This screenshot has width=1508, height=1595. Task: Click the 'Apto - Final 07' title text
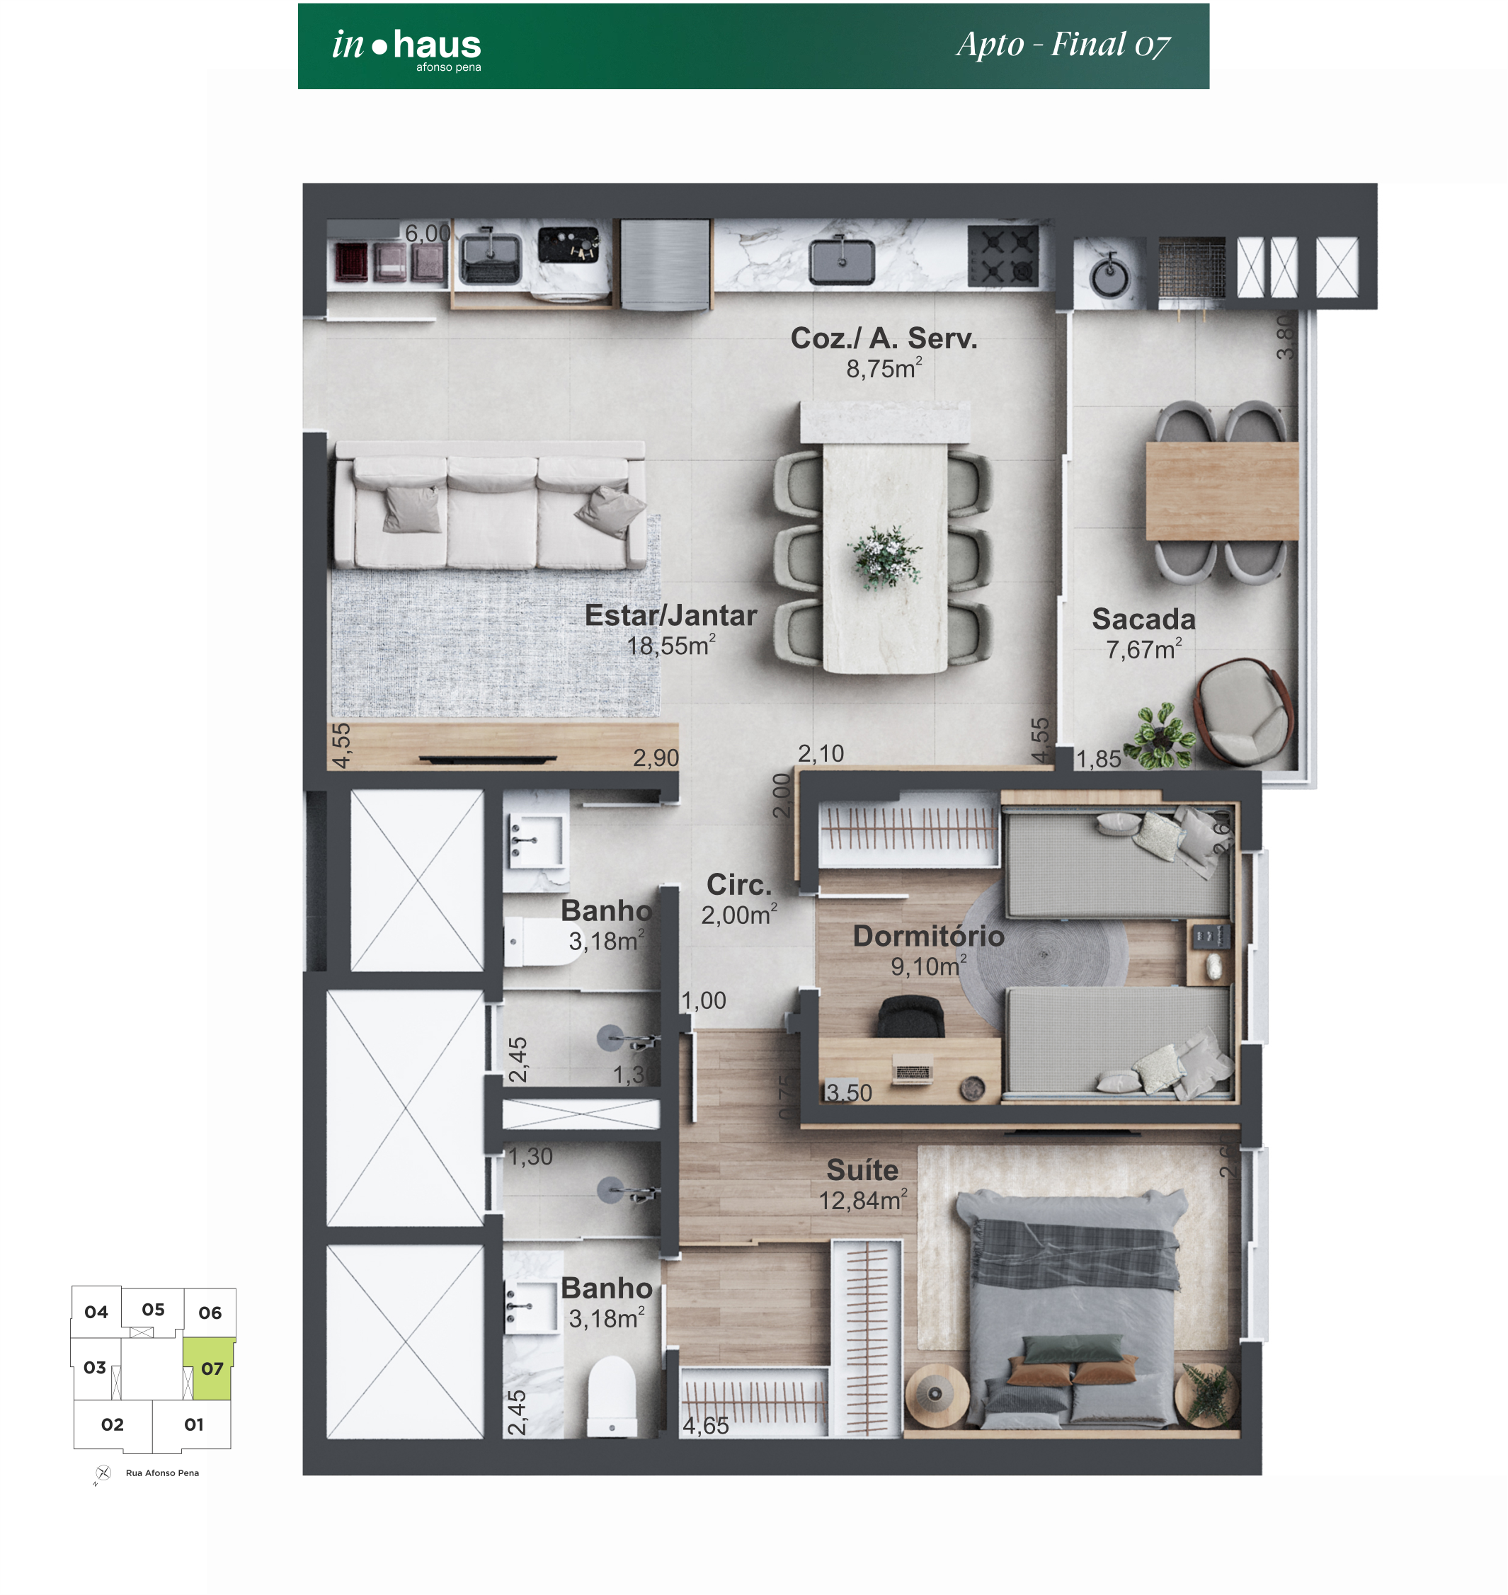click(x=1062, y=45)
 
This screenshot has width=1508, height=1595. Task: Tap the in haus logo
click(x=407, y=48)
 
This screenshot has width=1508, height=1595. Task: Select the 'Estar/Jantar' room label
click(x=670, y=615)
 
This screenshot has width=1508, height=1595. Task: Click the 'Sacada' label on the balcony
click(x=1143, y=619)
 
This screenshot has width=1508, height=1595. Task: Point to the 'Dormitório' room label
click(x=928, y=936)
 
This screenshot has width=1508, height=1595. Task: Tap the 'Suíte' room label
click(x=862, y=1170)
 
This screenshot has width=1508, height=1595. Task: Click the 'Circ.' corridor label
click(x=738, y=884)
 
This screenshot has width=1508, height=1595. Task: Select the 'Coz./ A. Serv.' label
click(x=884, y=338)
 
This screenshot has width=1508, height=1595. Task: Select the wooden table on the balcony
click(x=1221, y=491)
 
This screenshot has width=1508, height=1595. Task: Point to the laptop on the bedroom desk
click(x=913, y=1072)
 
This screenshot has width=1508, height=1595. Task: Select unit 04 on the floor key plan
click(x=96, y=1312)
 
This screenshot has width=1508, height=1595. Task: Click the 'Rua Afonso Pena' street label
click(x=162, y=1473)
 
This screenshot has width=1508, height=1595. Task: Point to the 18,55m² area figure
click(x=670, y=646)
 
